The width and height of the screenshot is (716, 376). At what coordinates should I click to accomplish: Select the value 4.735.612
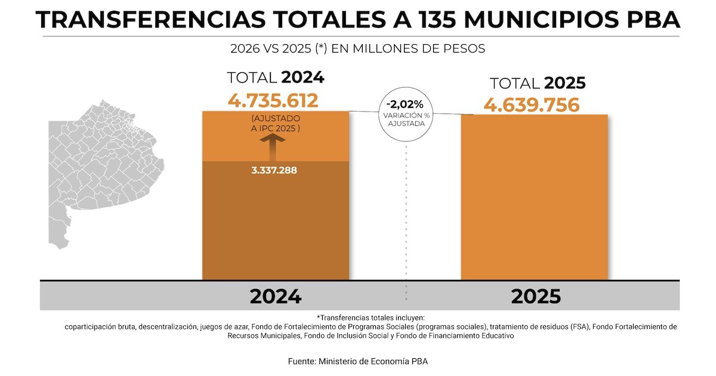(x=273, y=100)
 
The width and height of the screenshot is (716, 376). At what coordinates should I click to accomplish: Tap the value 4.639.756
(x=532, y=105)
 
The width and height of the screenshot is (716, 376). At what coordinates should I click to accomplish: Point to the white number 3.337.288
(x=274, y=170)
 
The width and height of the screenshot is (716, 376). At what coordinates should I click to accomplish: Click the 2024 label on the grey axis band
(x=275, y=296)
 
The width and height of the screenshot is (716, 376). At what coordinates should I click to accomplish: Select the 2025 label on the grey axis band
(x=536, y=296)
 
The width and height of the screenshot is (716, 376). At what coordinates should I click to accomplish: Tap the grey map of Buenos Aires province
(x=101, y=167)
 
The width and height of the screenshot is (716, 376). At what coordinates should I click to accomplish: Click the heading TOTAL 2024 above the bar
(x=275, y=78)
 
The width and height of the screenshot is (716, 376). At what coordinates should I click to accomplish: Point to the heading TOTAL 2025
(x=538, y=84)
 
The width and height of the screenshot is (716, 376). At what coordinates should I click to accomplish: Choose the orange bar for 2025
(x=534, y=197)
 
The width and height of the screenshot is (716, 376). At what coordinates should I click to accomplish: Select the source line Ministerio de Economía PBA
(x=357, y=361)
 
